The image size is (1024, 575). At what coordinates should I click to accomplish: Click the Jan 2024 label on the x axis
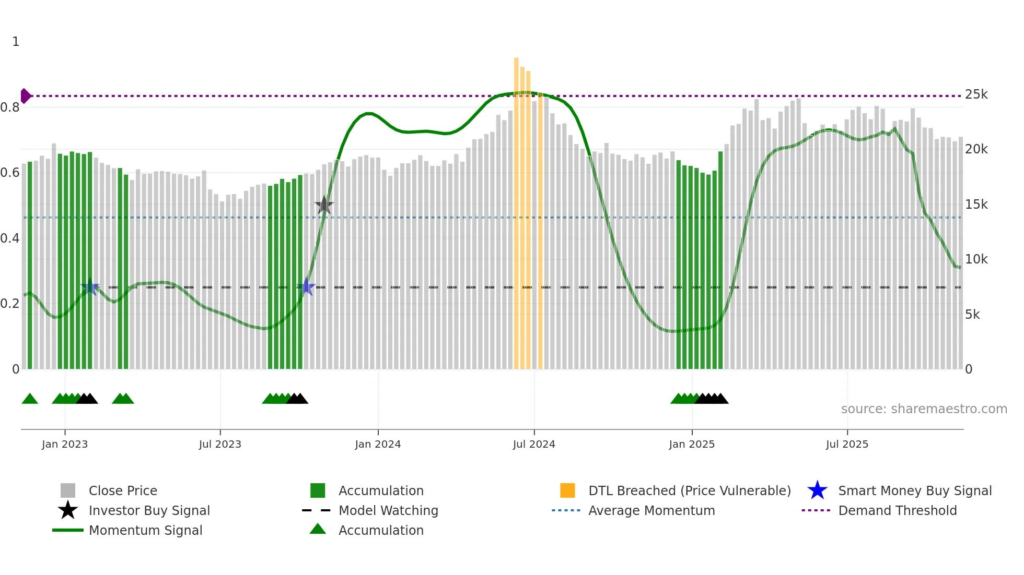(378, 445)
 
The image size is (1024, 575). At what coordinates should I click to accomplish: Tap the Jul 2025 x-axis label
(847, 445)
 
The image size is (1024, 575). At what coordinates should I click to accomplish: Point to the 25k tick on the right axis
(976, 94)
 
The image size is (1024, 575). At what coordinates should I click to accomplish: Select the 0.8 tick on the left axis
(10, 107)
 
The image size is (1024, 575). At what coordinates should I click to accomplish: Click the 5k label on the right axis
(972, 315)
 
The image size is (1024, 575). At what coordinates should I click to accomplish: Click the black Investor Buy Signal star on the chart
(324, 206)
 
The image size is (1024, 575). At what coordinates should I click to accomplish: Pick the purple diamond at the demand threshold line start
(25, 96)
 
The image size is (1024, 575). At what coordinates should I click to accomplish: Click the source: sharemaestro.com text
(924, 409)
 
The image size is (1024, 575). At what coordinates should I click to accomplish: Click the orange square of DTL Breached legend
(567, 490)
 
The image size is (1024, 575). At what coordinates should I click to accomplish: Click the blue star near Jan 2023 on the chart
(90, 287)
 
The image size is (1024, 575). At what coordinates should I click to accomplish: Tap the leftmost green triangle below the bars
(30, 399)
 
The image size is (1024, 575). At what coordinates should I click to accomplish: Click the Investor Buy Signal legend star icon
(68, 510)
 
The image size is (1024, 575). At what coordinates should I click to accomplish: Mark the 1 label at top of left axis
(16, 42)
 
